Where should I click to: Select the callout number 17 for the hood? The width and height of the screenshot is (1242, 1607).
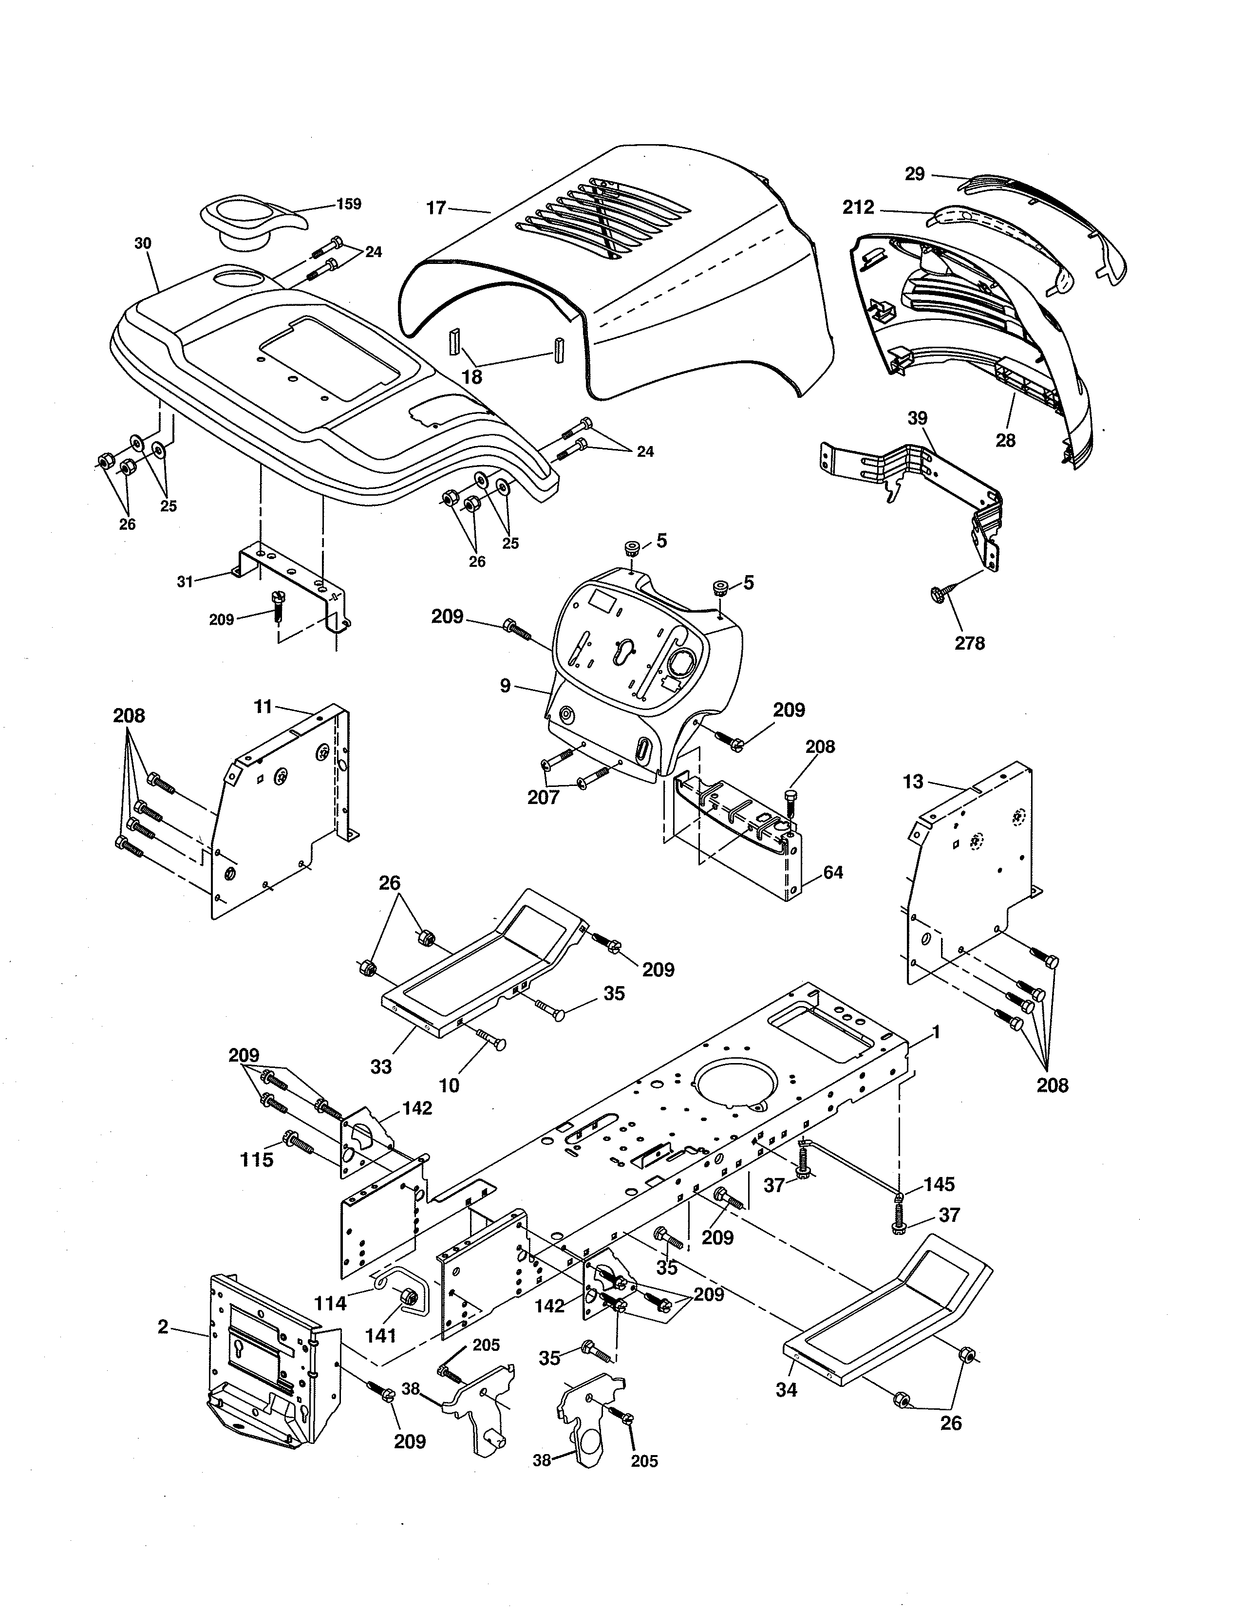(x=436, y=208)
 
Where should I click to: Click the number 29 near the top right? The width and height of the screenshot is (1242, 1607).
(x=915, y=174)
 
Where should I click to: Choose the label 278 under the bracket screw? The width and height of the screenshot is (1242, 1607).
(x=969, y=643)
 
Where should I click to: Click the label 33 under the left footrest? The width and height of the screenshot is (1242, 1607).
(x=381, y=1067)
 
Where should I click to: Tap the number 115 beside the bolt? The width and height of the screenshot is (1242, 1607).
(x=257, y=1160)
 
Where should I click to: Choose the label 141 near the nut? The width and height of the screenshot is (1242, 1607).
(x=380, y=1335)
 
